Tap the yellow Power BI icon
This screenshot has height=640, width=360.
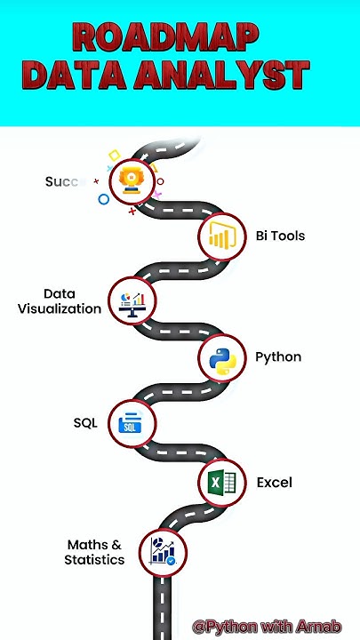[x=221, y=236]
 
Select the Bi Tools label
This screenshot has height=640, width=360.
[x=280, y=236]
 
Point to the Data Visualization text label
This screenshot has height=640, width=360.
[x=60, y=301]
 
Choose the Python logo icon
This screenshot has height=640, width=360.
[x=221, y=358]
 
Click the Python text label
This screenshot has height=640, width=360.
[x=278, y=357]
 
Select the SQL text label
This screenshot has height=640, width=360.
[x=85, y=422]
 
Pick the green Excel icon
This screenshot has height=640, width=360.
[x=221, y=484]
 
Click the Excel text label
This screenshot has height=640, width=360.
[x=275, y=483]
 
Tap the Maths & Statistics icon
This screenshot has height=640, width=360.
[x=163, y=551]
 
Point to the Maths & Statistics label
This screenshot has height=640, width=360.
[x=94, y=552]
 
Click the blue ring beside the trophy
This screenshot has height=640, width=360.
[x=104, y=199]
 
